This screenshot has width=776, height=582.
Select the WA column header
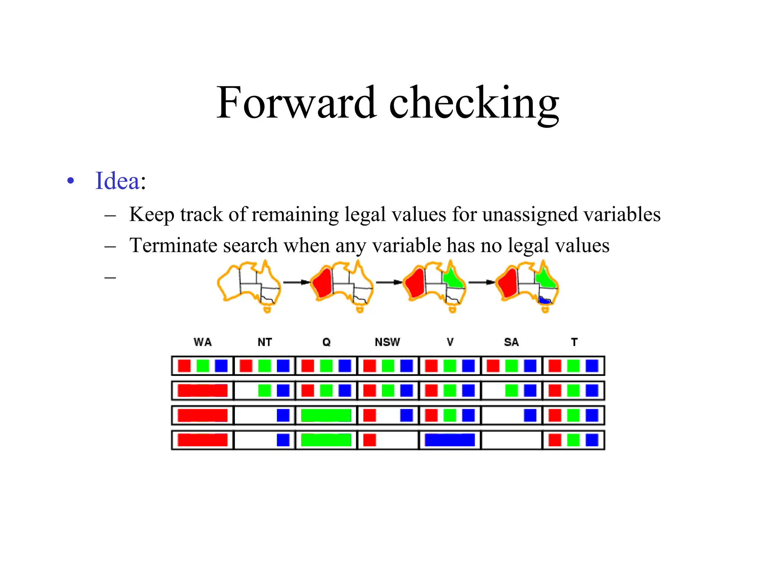pos(203,342)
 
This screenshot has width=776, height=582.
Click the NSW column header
pos(387,342)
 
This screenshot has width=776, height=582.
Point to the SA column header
pos(511,342)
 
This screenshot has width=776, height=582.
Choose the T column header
pos(574,342)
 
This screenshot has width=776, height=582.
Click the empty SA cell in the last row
pos(512,440)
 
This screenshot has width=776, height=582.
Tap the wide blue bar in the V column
pos(450,440)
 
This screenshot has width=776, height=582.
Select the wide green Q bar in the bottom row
pos(326,440)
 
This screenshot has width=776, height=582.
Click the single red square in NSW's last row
pos(369,440)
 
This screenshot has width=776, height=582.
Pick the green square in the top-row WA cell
pos(203,366)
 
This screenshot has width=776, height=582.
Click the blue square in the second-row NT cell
pos(283,391)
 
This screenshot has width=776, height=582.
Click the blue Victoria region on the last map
pos(545,301)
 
